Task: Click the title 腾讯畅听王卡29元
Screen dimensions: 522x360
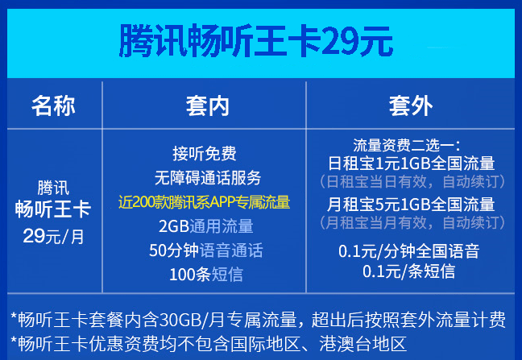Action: (x=256, y=41)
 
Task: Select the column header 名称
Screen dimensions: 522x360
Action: (x=53, y=106)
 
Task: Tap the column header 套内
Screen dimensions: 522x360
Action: (x=208, y=106)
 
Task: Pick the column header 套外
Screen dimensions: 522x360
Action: (x=411, y=106)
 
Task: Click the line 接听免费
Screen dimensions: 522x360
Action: (x=205, y=153)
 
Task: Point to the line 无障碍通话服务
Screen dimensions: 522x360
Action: (x=208, y=177)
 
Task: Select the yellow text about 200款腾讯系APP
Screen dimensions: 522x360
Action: (x=205, y=202)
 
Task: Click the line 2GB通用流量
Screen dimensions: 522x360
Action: (x=206, y=226)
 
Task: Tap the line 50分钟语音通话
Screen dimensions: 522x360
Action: (x=206, y=250)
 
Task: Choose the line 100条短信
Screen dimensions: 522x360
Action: (x=206, y=275)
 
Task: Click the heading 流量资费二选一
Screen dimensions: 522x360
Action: (x=407, y=146)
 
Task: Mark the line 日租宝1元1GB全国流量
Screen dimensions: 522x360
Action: (x=412, y=163)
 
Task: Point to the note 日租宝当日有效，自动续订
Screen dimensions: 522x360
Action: (x=412, y=182)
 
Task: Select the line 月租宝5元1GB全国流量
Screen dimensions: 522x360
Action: (x=411, y=204)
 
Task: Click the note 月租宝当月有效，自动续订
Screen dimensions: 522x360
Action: (x=412, y=222)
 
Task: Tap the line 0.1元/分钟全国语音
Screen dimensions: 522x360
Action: (x=408, y=250)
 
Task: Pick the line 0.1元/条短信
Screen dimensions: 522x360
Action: (x=408, y=271)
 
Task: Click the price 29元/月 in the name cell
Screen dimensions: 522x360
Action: (x=53, y=236)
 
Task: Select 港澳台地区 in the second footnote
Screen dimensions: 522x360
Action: (x=362, y=344)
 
